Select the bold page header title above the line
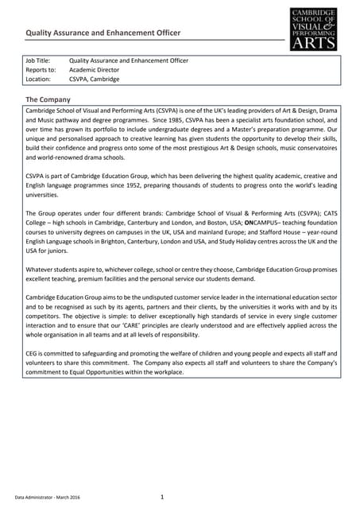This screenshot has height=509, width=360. [x=103, y=33]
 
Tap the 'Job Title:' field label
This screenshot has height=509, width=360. [x=38, y=60]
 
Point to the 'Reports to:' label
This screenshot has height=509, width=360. [x=41, y=70]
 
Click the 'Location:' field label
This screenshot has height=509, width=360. [x=38, y=80]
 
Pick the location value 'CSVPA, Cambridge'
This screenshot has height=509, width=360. [x=95, y=80]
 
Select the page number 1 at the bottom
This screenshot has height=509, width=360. [x=161, y=497]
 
